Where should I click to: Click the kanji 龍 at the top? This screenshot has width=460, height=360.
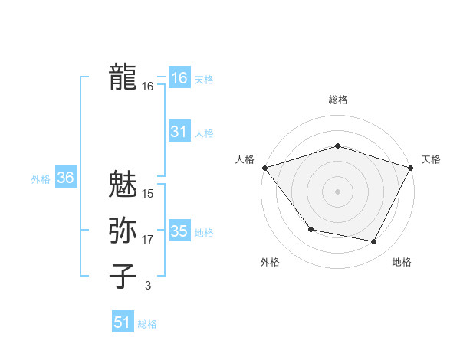tap(123, 77)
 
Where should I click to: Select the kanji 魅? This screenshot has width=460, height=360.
tap(123, 185)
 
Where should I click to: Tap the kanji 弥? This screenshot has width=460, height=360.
tap(123, 231)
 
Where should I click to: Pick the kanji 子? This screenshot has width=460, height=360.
tap(123, 276)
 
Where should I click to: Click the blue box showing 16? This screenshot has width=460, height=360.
tap(179, 78)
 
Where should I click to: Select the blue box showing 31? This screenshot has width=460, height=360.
tap(179, 132)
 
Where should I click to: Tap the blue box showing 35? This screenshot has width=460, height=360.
tap(179, 231)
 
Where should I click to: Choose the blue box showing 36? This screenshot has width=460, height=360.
tap(65, 178)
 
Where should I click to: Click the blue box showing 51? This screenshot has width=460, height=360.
tap(123, 322)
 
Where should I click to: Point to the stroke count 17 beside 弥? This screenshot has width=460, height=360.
tap(147, 240)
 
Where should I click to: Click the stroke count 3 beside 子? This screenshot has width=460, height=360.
tap(147, 286)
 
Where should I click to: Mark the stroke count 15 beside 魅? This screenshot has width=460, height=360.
tap(147, 194)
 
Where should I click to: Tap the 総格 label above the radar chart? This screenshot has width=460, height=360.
tap(337, 99)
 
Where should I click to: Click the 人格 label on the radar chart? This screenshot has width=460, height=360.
tap(245, 159)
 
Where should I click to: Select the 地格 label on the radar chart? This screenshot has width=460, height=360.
tap(402, 262)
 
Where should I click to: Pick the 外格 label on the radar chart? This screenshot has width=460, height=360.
tap(270, 262)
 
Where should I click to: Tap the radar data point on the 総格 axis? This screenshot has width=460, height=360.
tap(337, 146)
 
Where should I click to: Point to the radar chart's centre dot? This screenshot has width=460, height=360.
tap(337, 191)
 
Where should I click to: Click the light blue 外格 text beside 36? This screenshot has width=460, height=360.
tap(41, 179)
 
